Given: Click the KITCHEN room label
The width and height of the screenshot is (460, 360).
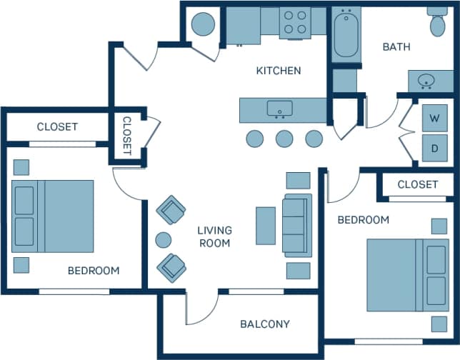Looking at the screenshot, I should tap(279, 71).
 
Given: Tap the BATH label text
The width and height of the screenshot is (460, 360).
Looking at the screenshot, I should tap(396, 47).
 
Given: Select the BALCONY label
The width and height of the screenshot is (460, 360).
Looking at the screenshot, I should tap(265, 324).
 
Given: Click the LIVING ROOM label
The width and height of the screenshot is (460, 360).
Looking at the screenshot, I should tap(214, 236).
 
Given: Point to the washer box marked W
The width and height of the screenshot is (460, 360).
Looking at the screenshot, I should tap(434, 118).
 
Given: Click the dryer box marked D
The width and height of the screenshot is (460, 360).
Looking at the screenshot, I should tap(434, 149).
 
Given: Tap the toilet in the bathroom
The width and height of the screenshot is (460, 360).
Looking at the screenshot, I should tap(437, 23).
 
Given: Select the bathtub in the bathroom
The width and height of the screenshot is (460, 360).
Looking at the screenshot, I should tap(346, 33).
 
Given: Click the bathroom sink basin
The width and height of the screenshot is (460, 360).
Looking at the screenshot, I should tap(427, 81).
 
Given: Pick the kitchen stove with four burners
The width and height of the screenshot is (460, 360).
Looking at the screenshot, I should tap(294, 23).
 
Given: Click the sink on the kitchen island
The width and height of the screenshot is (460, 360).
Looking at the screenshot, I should tap(279, 109).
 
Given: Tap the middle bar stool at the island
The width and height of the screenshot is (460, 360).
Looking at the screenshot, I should tap(284, 139).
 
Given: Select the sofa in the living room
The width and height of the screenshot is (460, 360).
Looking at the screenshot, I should tap(297, 225).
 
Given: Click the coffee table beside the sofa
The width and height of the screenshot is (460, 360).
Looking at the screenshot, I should tap(266, 226).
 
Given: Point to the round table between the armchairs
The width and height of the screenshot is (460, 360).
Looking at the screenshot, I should tap(164, 240).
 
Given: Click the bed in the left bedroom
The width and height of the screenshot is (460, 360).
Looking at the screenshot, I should tap(54, 216).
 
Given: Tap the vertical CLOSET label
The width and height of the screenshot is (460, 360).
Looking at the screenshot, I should tap(126, 136).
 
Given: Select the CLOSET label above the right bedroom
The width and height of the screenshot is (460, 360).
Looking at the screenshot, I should tap(417, 184).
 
